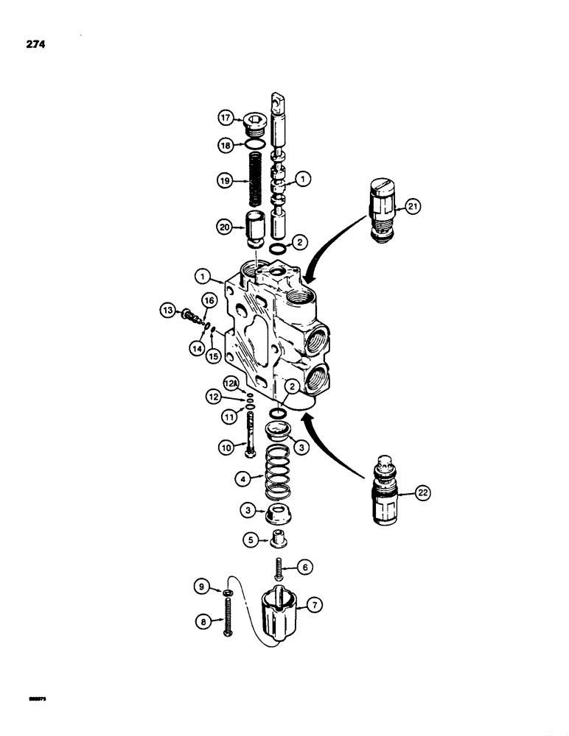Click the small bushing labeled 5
click(x=279, y=539)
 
